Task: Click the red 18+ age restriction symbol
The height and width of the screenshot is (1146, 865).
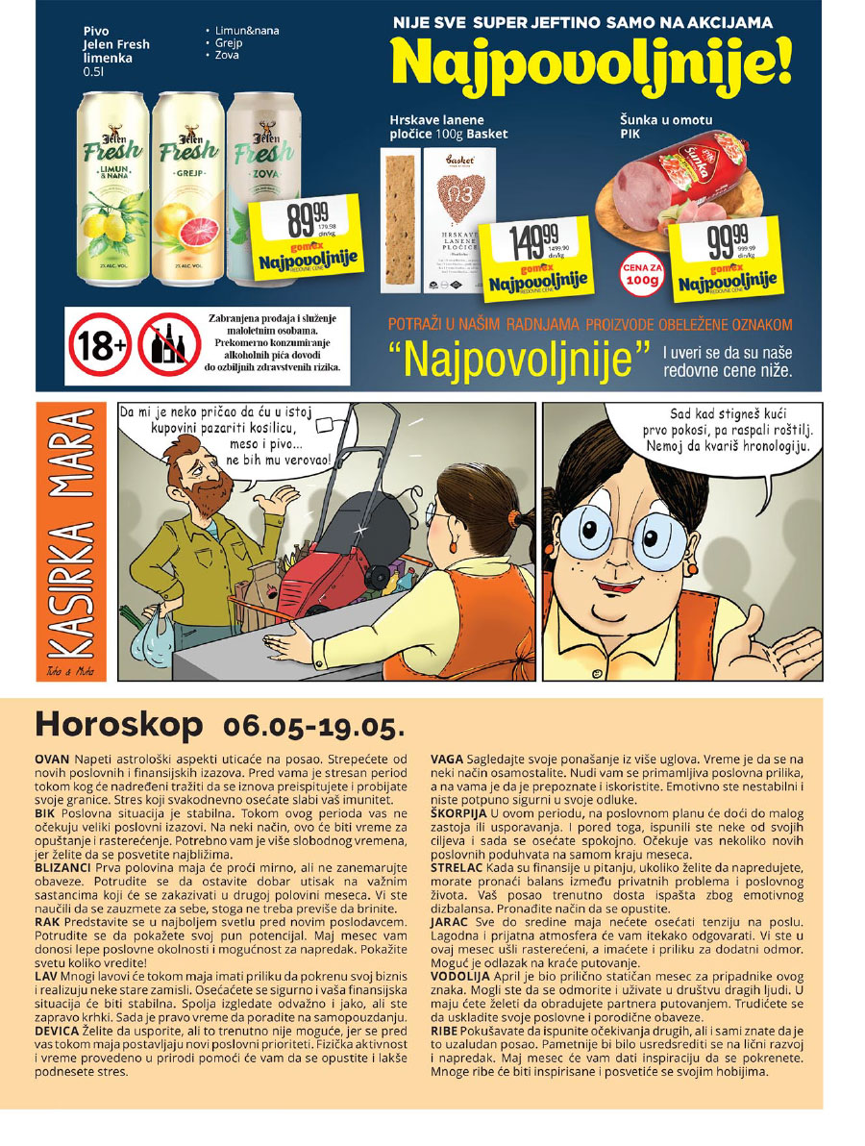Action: (99, 343)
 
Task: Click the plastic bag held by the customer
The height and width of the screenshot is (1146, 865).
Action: (156, 640)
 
